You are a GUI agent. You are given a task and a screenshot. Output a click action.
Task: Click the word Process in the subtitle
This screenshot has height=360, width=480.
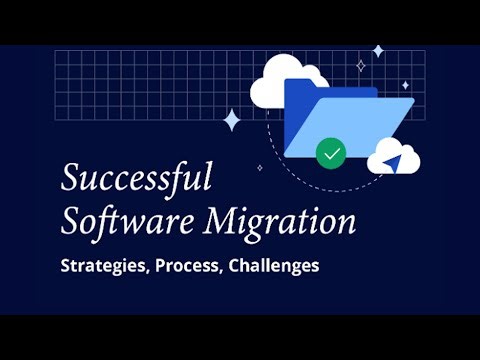click(194, 267)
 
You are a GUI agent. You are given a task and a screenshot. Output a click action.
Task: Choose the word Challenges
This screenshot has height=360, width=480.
click(283, 267)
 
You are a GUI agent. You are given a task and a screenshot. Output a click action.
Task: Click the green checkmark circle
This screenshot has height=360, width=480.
click(330, 154)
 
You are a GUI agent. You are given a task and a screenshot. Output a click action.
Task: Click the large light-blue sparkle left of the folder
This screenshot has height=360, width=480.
click(232, 120)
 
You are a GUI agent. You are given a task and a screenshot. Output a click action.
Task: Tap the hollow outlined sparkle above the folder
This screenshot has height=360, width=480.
click(361, 66)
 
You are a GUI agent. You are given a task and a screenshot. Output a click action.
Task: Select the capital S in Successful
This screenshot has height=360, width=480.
click(71, 180)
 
